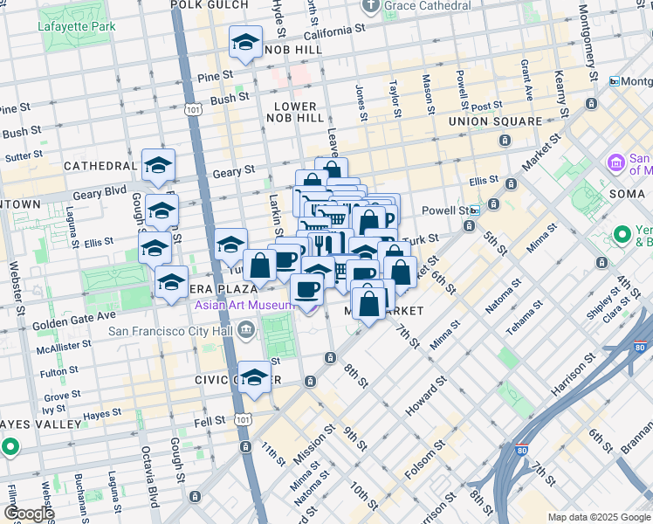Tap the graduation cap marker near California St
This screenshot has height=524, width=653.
point(246,43)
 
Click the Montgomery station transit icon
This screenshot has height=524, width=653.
point(615,81)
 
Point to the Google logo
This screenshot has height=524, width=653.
point(28,514)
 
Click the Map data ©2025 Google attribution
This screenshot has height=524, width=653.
point(599,517)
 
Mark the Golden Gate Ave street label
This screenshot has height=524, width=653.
point(74,315)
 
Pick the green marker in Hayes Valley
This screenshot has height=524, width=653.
point(10,447)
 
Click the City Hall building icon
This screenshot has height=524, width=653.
point(246,330)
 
